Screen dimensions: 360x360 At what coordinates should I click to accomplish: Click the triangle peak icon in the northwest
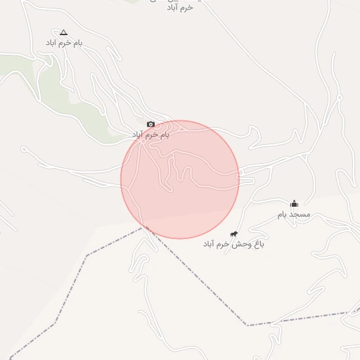pos(64,32)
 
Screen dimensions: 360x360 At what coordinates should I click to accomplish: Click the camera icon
pos(150,124)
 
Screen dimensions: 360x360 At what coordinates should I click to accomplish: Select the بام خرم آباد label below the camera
pos(151,134)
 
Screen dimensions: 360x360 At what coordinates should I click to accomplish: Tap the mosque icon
pos(295,204)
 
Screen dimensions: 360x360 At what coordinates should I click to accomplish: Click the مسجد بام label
pos(294,214)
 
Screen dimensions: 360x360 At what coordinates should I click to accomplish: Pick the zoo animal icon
pos(234,233)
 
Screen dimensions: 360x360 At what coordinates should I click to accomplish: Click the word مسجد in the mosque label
pos(300,214)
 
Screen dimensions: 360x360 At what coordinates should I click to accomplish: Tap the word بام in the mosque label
pos(283,214)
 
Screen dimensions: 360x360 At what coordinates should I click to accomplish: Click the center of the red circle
pos(180,179)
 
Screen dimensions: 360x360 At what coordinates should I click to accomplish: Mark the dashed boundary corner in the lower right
pos(247,325)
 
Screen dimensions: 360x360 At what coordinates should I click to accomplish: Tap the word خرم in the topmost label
pos(186,7)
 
